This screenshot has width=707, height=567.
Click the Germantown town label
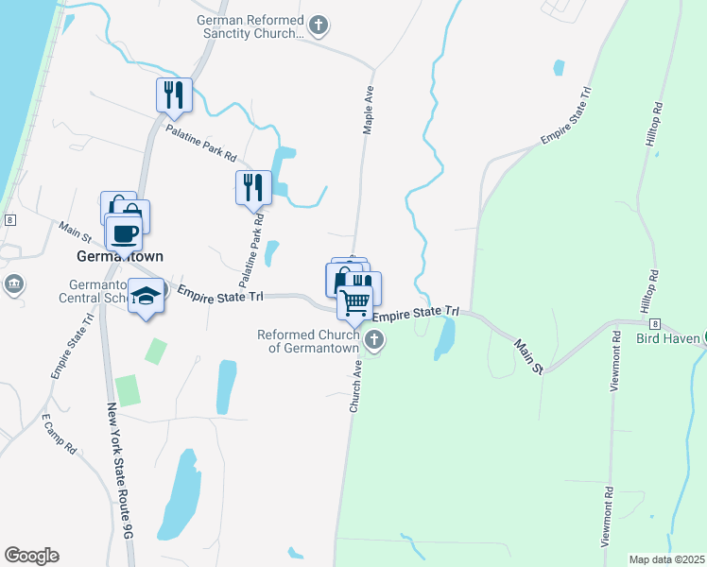120,256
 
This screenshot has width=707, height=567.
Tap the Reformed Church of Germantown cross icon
374,340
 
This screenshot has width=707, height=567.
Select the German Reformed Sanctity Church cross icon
319,26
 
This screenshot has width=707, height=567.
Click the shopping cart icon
355,302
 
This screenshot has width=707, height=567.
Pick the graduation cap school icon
146,298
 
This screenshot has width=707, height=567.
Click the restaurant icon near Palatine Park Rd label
174,94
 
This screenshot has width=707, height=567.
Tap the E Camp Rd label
59,434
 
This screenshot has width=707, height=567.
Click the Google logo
31,556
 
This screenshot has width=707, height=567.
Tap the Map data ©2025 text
666,559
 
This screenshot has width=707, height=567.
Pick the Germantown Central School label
104,292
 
